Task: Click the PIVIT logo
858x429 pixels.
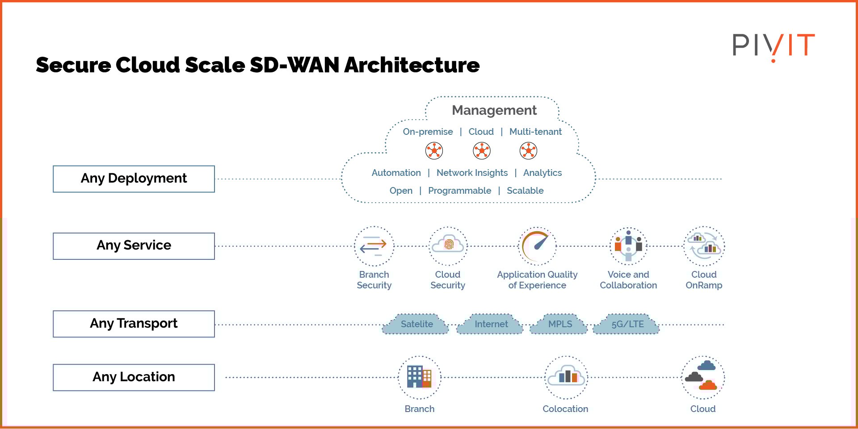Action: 773,46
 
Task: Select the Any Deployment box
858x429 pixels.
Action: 134,179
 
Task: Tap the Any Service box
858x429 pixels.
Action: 134,246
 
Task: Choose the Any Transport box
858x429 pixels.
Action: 134,324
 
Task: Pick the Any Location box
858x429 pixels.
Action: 134,377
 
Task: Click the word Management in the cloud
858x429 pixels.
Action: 494,110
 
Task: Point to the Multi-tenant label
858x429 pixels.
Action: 535,132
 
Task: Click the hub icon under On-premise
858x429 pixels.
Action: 434,151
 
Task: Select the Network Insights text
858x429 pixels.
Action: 472,173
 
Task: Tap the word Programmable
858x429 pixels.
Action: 459,191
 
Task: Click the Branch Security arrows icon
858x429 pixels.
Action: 374,246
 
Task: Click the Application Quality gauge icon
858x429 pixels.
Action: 537,246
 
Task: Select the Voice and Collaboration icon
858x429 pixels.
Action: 628,246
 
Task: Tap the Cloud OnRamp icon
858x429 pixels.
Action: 704,246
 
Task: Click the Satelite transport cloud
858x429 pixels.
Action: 416,325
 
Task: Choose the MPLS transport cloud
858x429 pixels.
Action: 559,325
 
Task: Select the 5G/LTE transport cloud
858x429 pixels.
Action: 627,325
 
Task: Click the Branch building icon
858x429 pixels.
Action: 419,377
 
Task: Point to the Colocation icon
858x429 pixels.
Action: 566,377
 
